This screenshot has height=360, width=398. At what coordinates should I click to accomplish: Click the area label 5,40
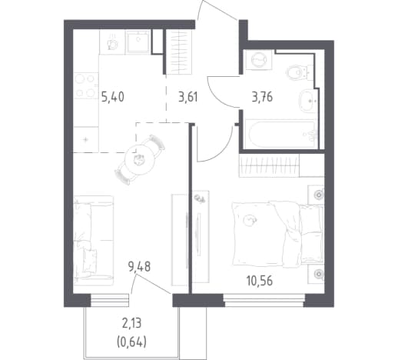pos(113,98)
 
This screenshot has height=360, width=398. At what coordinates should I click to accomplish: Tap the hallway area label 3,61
pos(188,98)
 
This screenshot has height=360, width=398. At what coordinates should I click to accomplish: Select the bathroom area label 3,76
pos(262,98)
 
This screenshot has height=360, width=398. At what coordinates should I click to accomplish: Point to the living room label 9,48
pos(139,267)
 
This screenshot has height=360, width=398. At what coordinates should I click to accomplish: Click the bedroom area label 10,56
pos(260,281)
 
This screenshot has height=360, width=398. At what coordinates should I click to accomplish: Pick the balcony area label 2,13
pos(132,324)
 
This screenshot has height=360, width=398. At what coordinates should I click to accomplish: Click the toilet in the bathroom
pos(299,72)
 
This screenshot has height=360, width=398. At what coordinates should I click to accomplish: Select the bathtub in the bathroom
pos(281,134)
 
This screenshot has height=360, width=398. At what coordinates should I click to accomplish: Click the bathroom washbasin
pos(308,102)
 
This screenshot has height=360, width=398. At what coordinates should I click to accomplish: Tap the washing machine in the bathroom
pos(259,60)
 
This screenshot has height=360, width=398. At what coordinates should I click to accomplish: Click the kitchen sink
pos(138,42)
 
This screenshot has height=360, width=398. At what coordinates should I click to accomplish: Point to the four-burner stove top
pos(85,85)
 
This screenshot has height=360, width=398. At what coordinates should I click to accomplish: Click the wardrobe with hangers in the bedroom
pos(269,165)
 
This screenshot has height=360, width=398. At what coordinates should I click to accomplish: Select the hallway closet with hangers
pos(178,52)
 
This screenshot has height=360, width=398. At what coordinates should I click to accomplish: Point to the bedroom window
pos(264,301)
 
